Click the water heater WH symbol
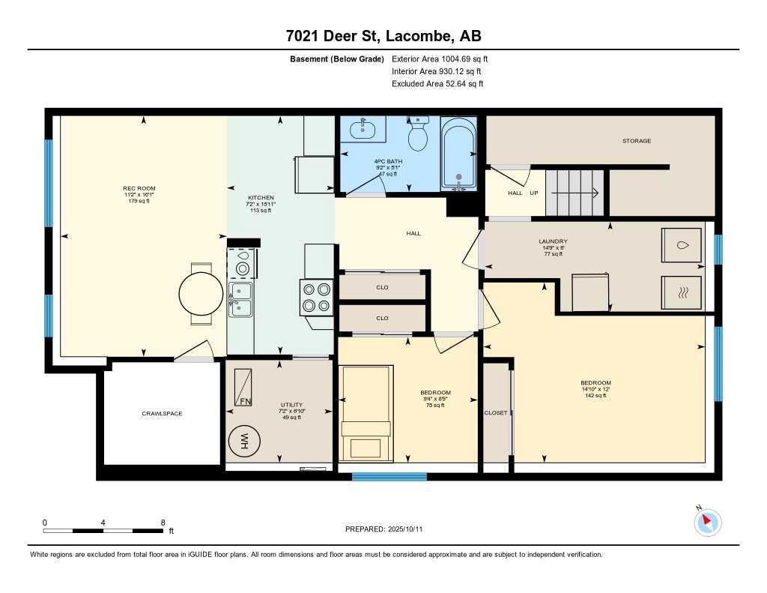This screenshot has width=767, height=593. pyautogui.click(x=243, y=442)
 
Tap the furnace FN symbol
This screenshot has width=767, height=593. pyautogui.click(x=244, y=388)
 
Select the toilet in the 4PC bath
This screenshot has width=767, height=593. pyautogui.click(x=417, y=135)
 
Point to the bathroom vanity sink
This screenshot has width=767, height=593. pyautogui.click(x=363, y=129)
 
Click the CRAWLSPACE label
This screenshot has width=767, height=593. pyautogui.click(x=162, y=414)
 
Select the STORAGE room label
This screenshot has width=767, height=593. pyautogui.click(x=636, y=141)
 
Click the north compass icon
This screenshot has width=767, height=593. pyautogui.click(x=707, y=522)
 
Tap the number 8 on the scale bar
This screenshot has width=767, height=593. pyautogui.click(x=163, y=522)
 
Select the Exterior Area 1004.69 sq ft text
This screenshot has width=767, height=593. pyautogui.click(x=440, y=58)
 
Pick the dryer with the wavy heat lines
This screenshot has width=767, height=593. pyautogui.click(x=682, y=292)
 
